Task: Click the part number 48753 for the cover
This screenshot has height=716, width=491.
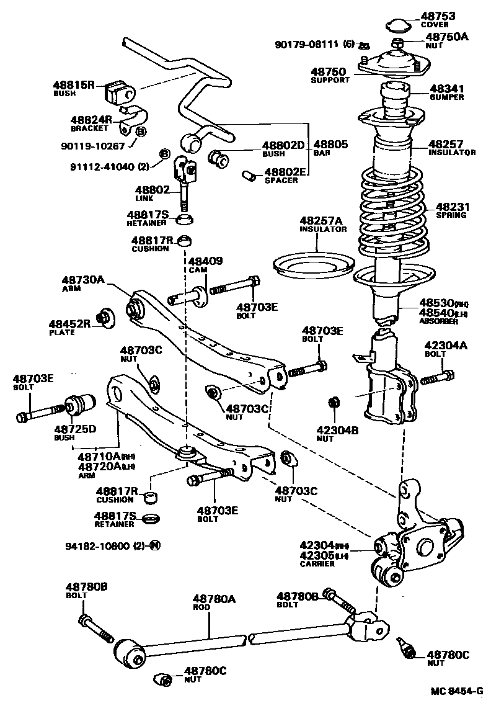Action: pos(438,16)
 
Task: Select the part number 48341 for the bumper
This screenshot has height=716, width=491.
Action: pos(446,89)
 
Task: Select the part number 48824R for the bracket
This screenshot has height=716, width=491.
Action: pos(91,119)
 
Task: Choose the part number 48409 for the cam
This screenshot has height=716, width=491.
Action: pos(205,261)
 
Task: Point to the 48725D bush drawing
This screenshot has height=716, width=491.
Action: pos(80,406)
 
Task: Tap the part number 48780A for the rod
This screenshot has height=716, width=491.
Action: pos(214,599)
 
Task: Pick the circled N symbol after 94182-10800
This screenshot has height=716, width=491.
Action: pos(154,547)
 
